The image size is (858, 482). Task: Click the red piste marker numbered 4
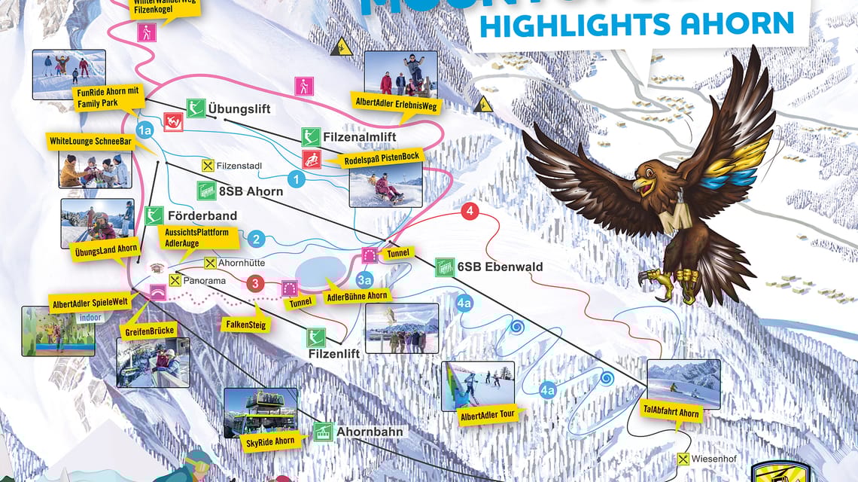[470, 212]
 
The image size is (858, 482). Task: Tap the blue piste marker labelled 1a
[145, 130]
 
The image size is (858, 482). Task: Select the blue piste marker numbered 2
[257, 239]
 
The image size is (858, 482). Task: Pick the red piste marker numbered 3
[256, 284]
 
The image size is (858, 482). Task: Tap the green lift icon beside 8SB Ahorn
[206, 191]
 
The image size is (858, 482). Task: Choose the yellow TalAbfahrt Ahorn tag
[670, 413]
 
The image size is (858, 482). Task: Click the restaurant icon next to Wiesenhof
[683, 459]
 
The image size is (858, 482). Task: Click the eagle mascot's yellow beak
[640, 183]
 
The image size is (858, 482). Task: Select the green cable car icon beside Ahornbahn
[323, 432]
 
